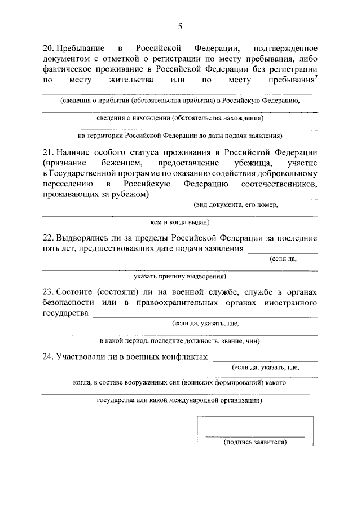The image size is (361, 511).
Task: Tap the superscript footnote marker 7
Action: coord(316,77)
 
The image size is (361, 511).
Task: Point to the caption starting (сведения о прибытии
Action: coord(180,101)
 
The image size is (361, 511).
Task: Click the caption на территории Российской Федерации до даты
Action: coord(180,136)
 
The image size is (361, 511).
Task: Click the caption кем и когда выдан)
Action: coord(180,222)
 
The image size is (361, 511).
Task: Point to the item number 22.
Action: coord(48,238)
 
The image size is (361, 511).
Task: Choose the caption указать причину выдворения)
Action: coord(180,277)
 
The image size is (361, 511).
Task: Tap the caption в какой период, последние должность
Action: coord(180,341)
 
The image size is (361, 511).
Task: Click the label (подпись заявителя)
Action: coord(255,442)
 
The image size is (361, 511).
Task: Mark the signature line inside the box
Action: coord(255,436)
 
